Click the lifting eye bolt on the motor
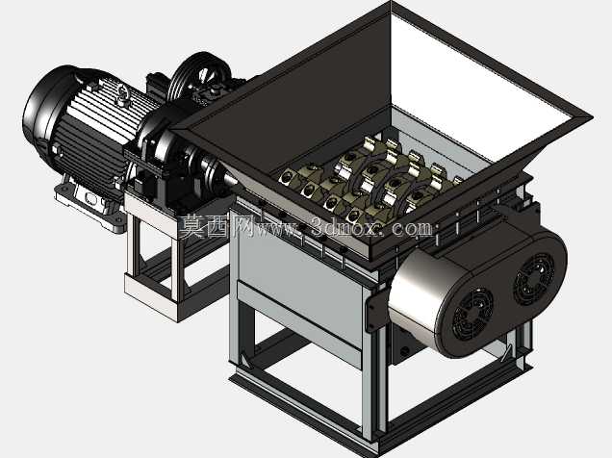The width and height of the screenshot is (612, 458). pos(122,93)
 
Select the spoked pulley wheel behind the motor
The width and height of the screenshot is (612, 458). pos(200,77)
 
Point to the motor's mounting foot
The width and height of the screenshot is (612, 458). pos(89,208)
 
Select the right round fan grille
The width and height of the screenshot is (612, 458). pos(534,278)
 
